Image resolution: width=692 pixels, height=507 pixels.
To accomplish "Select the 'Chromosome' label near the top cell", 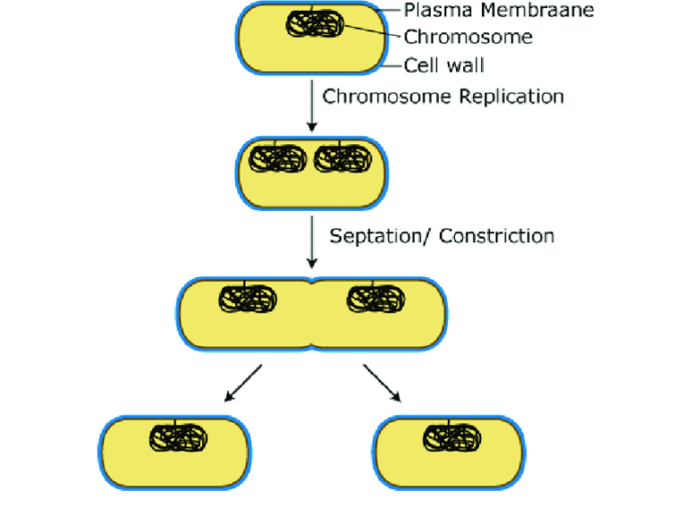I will tap(468, 37).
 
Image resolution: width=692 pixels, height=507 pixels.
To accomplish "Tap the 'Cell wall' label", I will tap(443, 65).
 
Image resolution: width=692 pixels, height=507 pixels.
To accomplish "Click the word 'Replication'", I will tap(512, 95).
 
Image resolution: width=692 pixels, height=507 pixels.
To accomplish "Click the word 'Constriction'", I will tap(498, 236).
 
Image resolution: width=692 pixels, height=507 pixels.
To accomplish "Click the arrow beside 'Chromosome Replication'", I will tap(311, 106).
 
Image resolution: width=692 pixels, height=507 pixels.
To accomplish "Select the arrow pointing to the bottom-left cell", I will tap(241, 382).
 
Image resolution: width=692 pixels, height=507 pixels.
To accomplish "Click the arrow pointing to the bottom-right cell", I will tap(382, 382).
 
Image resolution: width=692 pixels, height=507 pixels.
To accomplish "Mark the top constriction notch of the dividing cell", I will tap(311, 282).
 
